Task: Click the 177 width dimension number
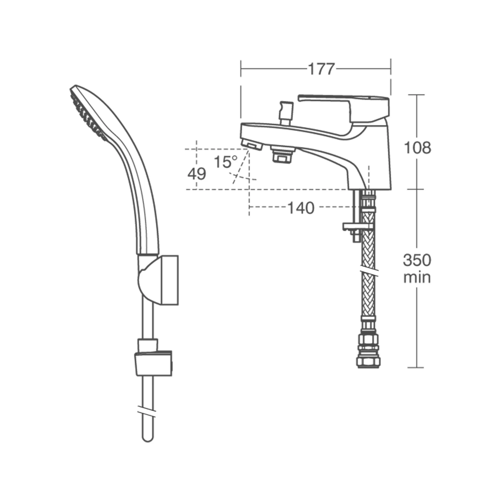pyautogui.click(x=321, y=69)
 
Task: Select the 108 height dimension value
pyautogui.click(x=417, y=148)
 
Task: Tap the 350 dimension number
pyautogui.click(x=417, y=260)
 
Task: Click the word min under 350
pyautogui.click(x=417, y=277)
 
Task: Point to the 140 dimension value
pyautogui.click(x=301, y=208)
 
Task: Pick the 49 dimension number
pyautogui.click(x=197, y=174)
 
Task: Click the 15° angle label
pyautogui.click(x=225, y=162)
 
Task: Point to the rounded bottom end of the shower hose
pyautogui.click(x=148, y=436)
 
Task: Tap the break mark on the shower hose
pyautogui.click(x=148, y=411)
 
